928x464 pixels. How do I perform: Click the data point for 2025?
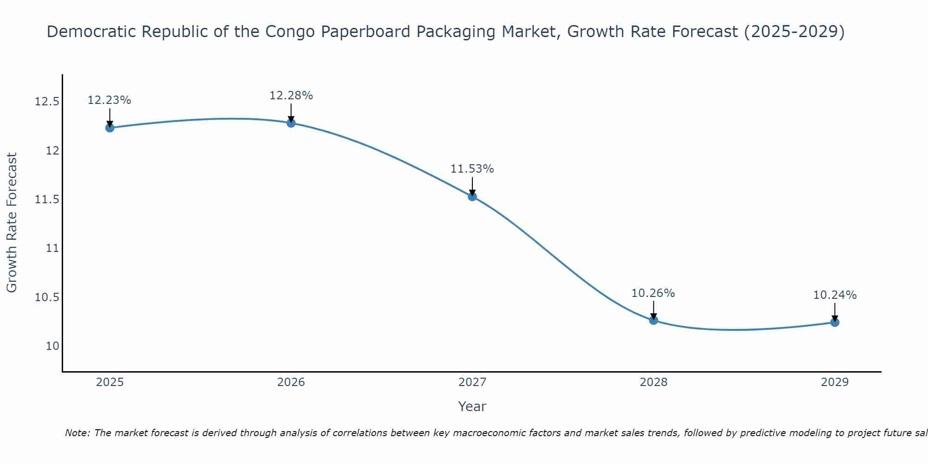[110, 128]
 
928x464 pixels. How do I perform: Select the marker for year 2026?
[291, 123]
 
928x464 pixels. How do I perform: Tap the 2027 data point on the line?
[472, 196]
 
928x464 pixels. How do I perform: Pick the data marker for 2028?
[653, 320]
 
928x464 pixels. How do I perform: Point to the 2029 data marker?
[835, 322]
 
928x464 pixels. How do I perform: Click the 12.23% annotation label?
[110, 100]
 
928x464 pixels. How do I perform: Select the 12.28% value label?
[291, 96]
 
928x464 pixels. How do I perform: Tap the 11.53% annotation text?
[472, 169]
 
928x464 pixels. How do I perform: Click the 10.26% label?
[653, 293]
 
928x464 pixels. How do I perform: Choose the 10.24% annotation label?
[835, 295]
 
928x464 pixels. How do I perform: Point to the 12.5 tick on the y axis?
[47, 102]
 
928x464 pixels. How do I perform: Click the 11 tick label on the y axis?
[53, 248]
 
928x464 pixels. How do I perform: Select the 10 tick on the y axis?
[53, 346]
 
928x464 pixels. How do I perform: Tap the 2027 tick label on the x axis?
[472, 382]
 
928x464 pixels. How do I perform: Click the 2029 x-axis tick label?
[835, 382]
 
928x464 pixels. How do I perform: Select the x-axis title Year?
[472, 406]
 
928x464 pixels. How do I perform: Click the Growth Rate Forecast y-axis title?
[12, 223]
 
